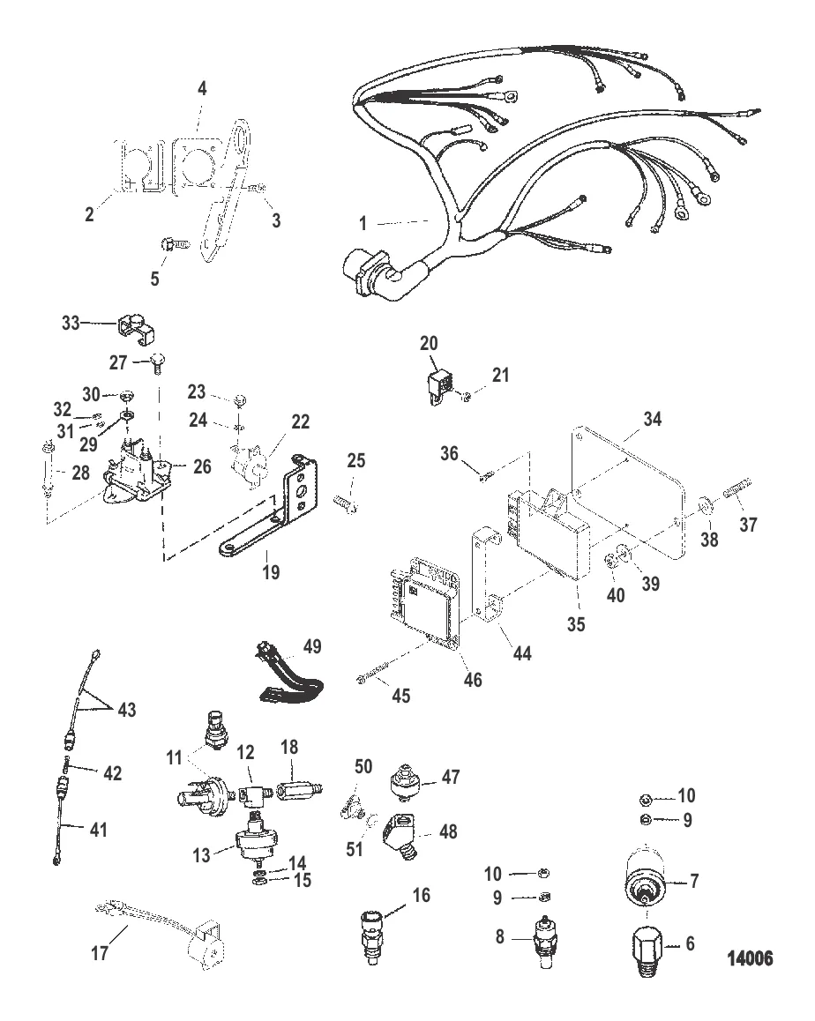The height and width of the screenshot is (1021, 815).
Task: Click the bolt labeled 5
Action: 170,242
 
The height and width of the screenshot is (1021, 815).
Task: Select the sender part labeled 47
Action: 405,778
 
